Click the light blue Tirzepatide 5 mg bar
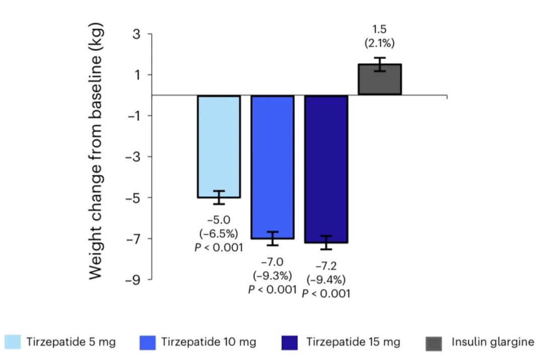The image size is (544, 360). click(219, 146)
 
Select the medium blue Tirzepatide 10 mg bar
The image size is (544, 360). click(273, 166)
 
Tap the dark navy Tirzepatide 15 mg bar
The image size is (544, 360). click(326, 169)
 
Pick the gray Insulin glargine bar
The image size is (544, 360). click(379, 80)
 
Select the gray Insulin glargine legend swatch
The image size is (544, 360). click(434, 343)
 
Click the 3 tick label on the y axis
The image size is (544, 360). click(136, 34)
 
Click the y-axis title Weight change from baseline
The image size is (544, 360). click(98, 152)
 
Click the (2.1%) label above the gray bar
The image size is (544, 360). click(379, 43)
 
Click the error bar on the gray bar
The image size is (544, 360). click(379, 64)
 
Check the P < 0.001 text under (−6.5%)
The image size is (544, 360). click(219, 247)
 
